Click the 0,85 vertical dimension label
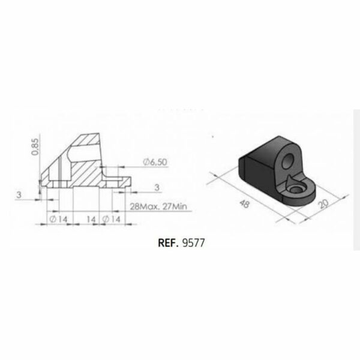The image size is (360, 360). click(35, 147)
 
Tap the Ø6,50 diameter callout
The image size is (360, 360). click(155, 162)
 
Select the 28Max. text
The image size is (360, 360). click(145, 206)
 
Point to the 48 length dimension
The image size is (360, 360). click(244, 203)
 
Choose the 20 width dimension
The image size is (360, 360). click(324, 203)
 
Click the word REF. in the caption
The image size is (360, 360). click(168, 243)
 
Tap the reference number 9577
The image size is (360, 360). click(193, 243)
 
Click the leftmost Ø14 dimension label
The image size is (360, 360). click(59, 219)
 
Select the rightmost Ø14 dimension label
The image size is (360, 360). click(111, 219)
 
